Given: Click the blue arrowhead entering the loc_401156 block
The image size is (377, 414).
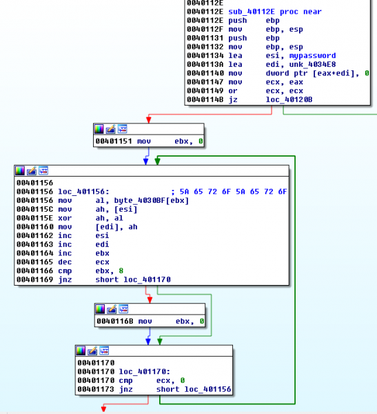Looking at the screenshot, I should tap(145, 163).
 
